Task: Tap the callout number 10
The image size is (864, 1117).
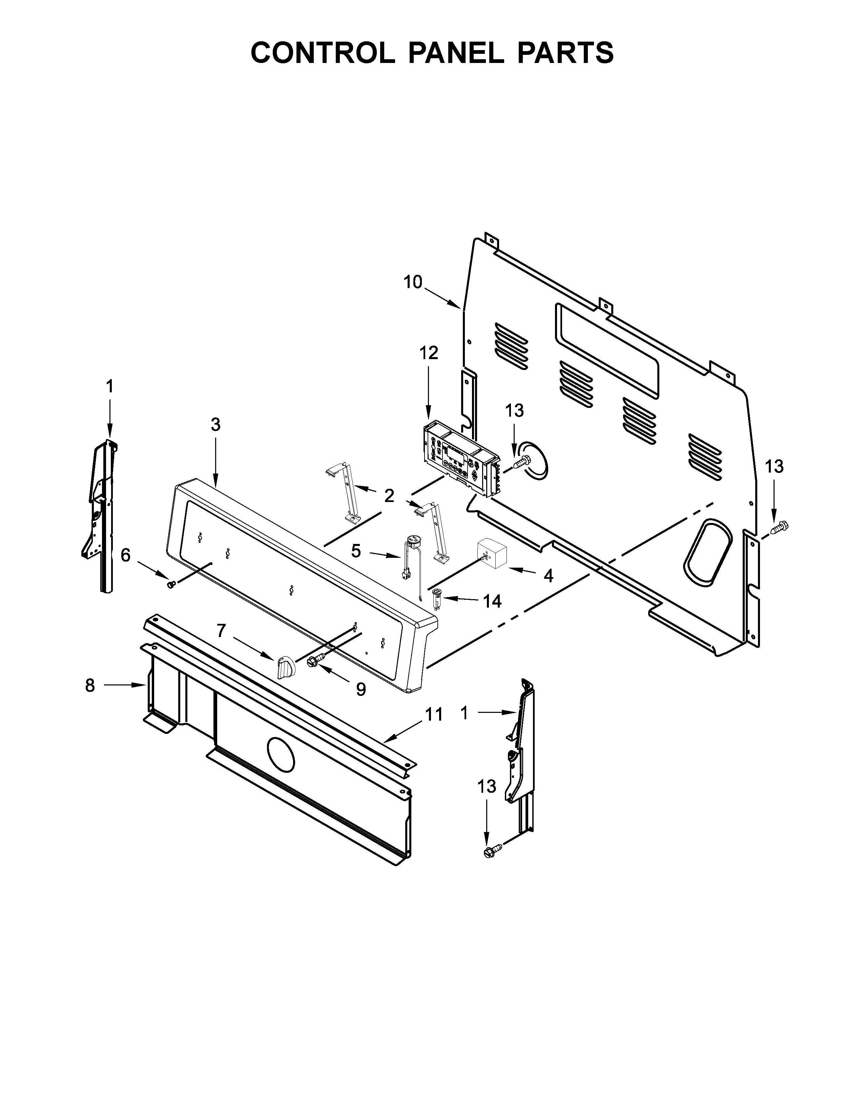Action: [x=413, y=282]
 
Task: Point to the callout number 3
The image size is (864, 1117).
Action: [x=215, y=424]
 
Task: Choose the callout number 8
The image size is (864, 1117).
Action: [x=90, y=685]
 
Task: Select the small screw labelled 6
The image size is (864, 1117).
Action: [x=171, y=584]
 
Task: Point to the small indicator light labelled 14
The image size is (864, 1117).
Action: [x=437, y=597]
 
